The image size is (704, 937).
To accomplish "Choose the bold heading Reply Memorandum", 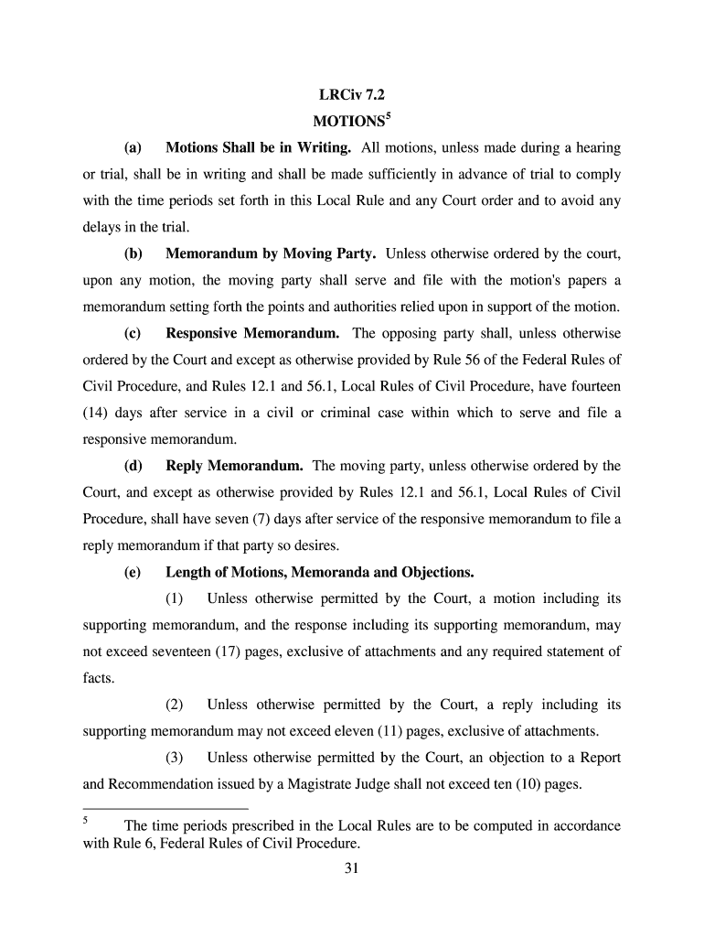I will pos(234,466).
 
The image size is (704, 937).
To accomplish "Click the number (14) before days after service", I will pos(98,413).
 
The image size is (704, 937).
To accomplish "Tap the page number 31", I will pos(351,869).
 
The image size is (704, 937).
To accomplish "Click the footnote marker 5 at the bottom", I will pos(85,821).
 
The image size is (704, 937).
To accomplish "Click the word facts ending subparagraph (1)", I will pos(98,678).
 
